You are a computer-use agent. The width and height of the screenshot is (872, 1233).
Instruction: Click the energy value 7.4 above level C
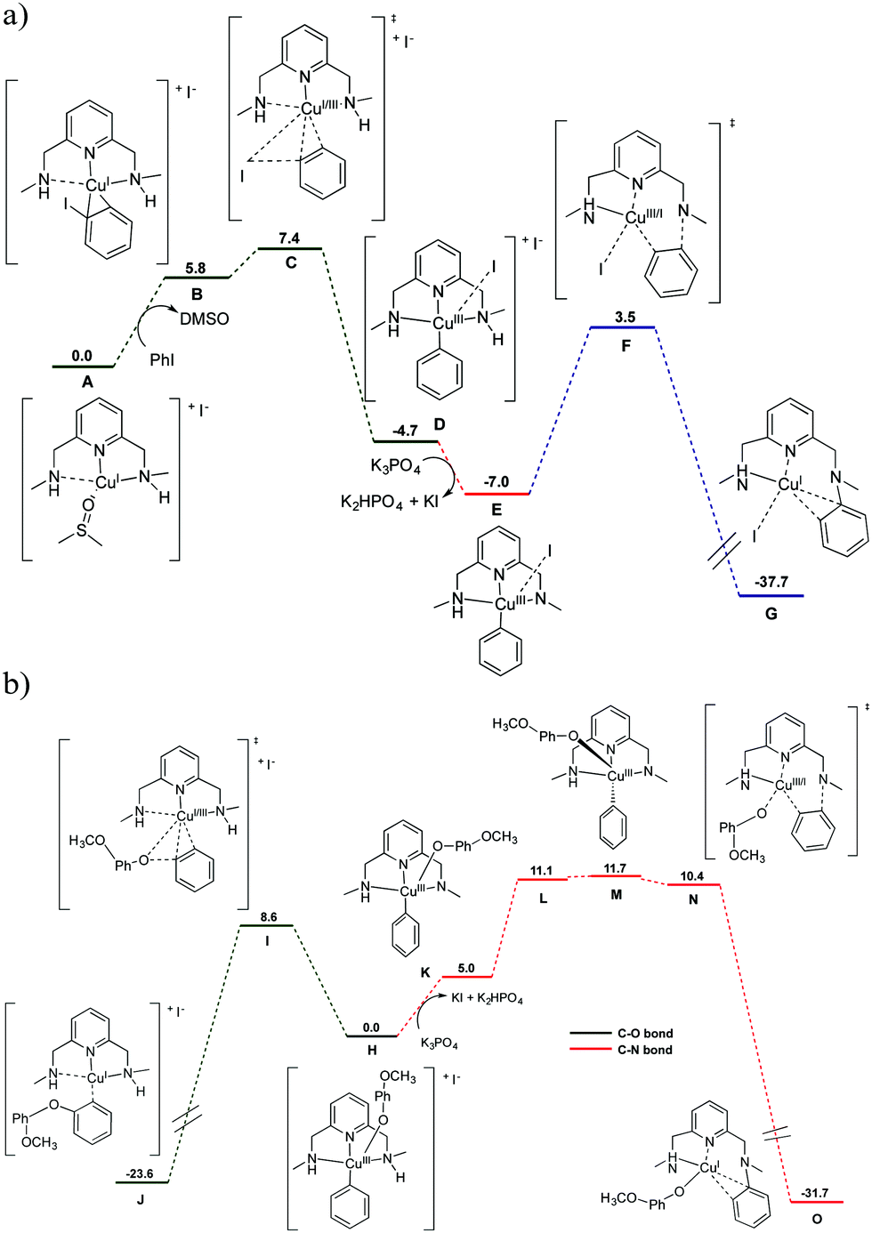tap(289, 238)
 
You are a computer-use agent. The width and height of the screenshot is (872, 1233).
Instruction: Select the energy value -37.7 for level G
tap(771, 582)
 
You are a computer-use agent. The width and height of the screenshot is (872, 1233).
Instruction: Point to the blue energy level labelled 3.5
tap(623, 328)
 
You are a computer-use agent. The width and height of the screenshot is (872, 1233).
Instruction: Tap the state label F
tap(626, 346)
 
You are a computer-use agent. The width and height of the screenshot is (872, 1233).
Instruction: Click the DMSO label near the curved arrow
tap(204, 318)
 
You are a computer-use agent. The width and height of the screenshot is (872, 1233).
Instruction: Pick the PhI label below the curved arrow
tap(162, 359)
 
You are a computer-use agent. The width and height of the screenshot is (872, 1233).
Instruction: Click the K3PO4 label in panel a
tap(395, 466)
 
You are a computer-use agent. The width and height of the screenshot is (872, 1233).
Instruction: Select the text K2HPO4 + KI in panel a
tap(389, 502)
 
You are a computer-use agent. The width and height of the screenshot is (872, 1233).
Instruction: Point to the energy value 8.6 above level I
tap(268, 916)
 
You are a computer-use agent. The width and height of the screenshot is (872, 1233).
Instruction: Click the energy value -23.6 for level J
tap(140, 1173)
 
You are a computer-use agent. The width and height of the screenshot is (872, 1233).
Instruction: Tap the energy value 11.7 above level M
tap(615, 867)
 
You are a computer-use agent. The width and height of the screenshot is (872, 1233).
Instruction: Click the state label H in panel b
tap(372, 1051)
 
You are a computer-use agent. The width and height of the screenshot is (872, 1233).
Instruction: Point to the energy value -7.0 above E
tap(497, 482)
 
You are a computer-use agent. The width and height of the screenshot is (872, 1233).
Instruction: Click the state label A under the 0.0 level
tap(87, 381)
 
